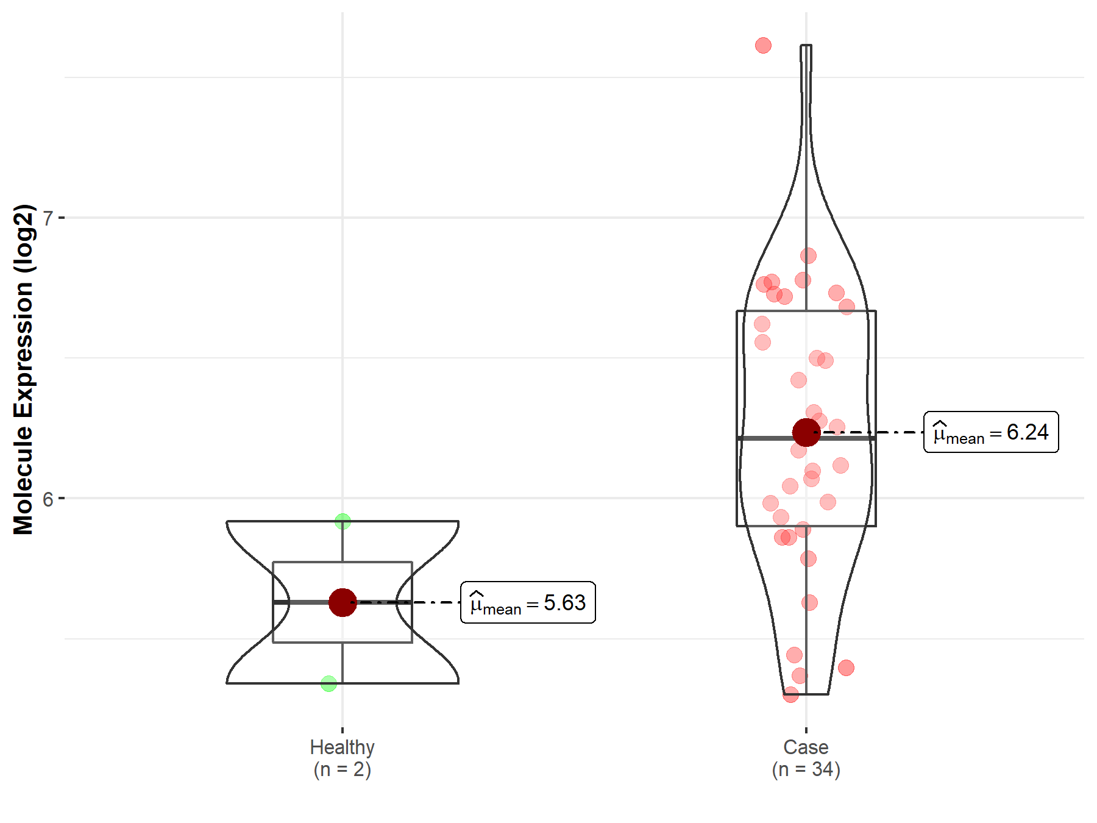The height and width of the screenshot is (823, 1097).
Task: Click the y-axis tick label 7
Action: (48, 218)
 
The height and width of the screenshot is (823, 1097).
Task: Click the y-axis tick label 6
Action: (48, 499)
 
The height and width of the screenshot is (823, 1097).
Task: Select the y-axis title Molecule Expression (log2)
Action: (23, 369)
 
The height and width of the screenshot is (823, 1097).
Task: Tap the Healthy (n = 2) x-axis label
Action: (343, 758)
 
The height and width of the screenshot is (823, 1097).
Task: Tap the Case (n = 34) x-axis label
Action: (806, 758)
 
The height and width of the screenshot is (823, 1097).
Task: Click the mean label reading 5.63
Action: (528, 603)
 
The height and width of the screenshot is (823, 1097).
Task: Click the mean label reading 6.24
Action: (991, 432)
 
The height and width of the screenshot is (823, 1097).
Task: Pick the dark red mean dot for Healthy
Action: (343, 602)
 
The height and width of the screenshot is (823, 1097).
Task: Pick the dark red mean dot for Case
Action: (806, 432)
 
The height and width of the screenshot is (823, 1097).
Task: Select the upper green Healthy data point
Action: (343, 521)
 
